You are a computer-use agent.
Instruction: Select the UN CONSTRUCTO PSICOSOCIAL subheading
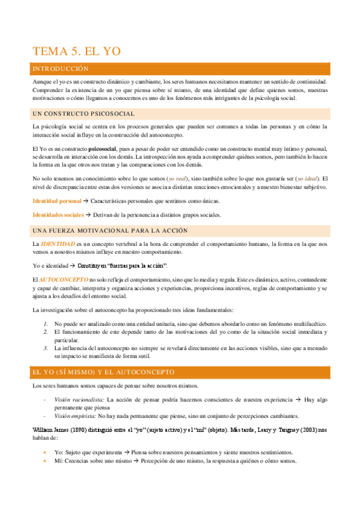(x=83, y=114)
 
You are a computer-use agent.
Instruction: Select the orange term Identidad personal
(x=56, y=200)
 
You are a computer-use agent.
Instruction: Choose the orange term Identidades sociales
(x=58, y=215)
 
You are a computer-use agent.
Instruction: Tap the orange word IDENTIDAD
(x=58, y=244)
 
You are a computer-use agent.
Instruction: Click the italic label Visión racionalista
(x=79, y=399)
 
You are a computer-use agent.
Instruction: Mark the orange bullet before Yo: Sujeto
(x=45, y=452)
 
